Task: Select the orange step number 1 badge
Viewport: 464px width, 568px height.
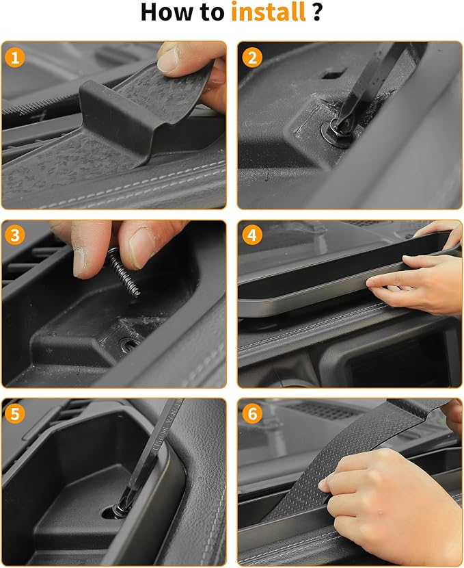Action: point(16,57)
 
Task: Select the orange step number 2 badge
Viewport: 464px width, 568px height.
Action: point(252,57)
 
